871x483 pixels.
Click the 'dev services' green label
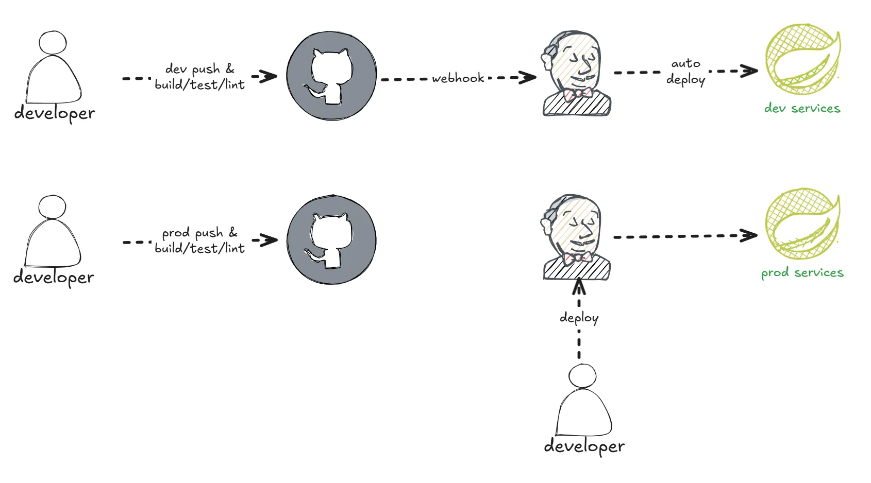coord(802,108)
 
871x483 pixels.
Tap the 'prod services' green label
coord(802,272)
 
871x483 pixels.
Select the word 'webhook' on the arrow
coord(458,78)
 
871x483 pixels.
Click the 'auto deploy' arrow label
coord(685,71)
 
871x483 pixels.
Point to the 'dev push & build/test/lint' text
coord(199,77)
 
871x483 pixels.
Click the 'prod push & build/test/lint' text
coord(199,240)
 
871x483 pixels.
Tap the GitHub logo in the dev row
coord(331,76)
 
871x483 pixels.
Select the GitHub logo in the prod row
coord(331,239)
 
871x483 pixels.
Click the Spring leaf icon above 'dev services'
coord(802,60)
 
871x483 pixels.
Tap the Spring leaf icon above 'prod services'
coord(802,223)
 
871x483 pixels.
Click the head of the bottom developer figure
coord(582,376)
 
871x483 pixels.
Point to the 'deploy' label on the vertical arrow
coord(579,318)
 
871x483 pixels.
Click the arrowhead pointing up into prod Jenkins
coord(579,286)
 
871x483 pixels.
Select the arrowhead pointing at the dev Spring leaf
coord(750,71)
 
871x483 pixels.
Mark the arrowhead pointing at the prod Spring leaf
coord(749,236)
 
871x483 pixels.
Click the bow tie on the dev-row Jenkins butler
coord(577,94)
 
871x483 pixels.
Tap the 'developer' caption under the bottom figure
coord(584,446)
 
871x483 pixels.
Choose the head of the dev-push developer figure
coord(53,43)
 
